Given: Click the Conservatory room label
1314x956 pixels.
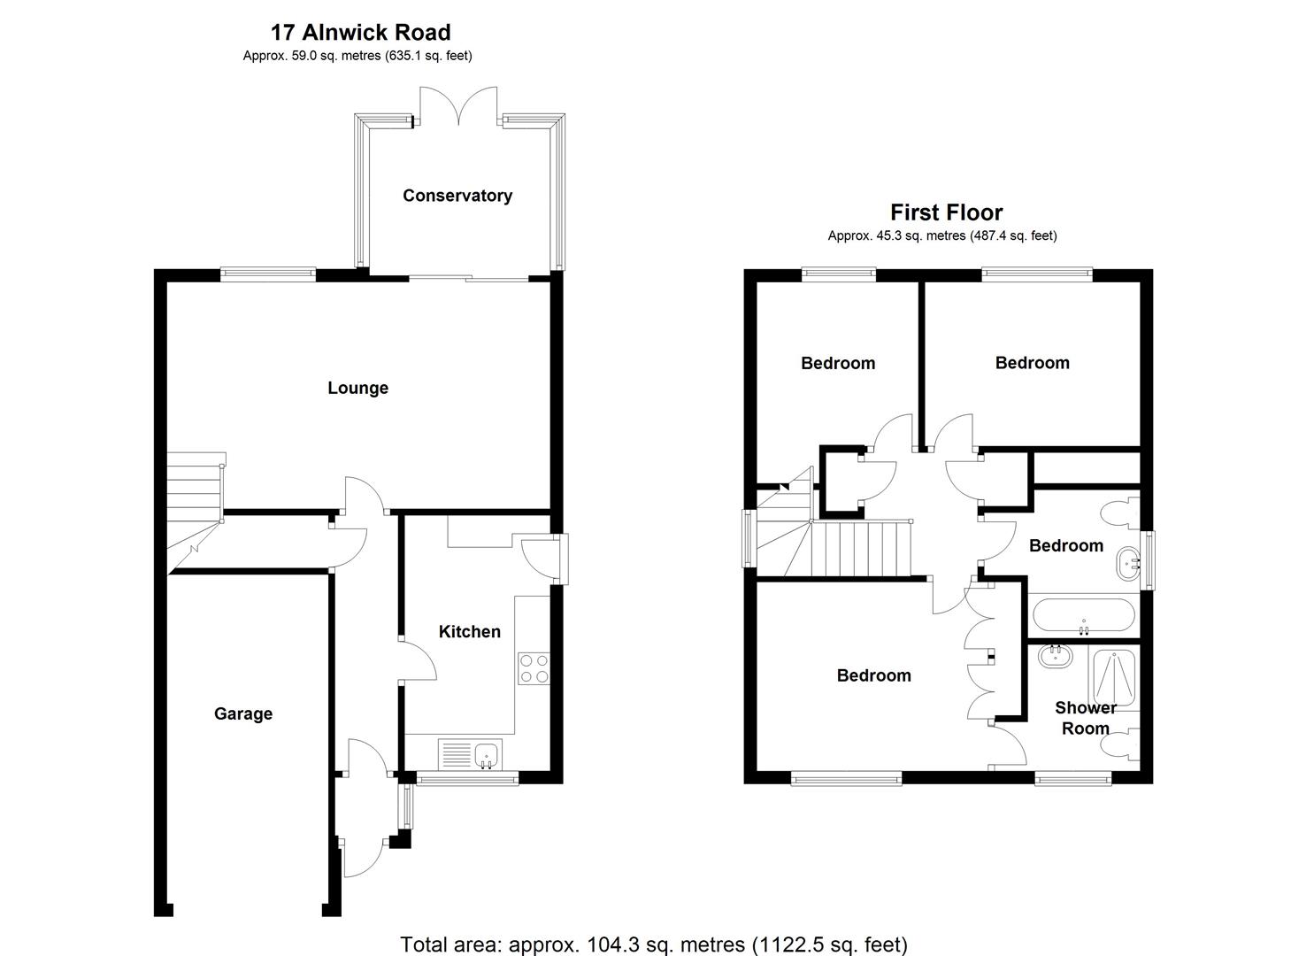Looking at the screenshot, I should click(457, 196).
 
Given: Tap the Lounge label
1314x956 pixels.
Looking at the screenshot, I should click(357, 388).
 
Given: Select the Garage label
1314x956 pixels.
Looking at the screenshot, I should click(242, 713).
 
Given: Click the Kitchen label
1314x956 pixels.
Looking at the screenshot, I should click(469, 631).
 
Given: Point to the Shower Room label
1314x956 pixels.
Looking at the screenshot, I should click(1085, 718).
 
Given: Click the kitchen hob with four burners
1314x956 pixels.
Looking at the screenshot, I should click(533, 667).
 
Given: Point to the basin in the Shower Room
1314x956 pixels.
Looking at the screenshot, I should click(1055, 657).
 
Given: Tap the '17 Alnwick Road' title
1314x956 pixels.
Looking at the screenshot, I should click(360, 33).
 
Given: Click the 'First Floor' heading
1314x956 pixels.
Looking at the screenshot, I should click(946, 212).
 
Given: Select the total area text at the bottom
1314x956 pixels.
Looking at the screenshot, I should click(654, 944).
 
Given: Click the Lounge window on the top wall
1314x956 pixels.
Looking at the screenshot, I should click(268, 274).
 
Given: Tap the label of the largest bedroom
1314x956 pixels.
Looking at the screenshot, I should click(873, 675).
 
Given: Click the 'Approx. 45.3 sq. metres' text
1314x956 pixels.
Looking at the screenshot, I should click(941, 235).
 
